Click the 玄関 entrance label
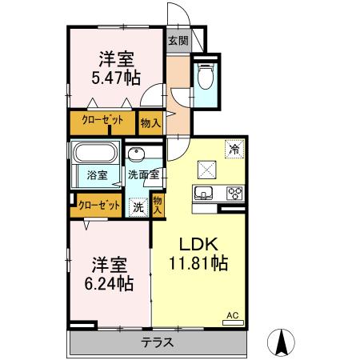coord(177,41)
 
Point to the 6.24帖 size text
coord(107,283)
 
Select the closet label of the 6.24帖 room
coord(100,206)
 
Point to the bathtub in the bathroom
coord(95,154)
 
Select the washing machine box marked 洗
coord(138,206)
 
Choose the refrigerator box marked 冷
coord(235,147)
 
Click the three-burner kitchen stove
coord(235,193)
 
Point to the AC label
coord(234,315)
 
